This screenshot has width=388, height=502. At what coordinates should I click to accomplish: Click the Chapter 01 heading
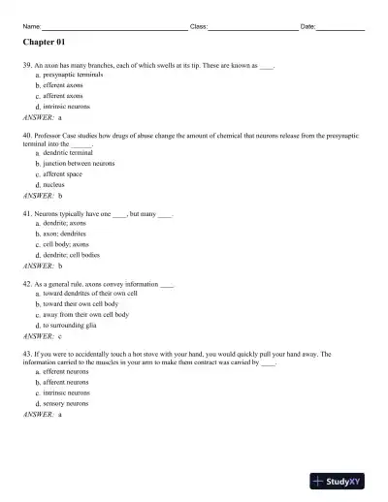point(43,44)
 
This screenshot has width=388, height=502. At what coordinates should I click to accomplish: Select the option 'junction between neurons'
point(79,164)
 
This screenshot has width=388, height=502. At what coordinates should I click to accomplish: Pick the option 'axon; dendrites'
point(64,234)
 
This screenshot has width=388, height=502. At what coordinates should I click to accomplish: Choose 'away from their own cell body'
point(85,315)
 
